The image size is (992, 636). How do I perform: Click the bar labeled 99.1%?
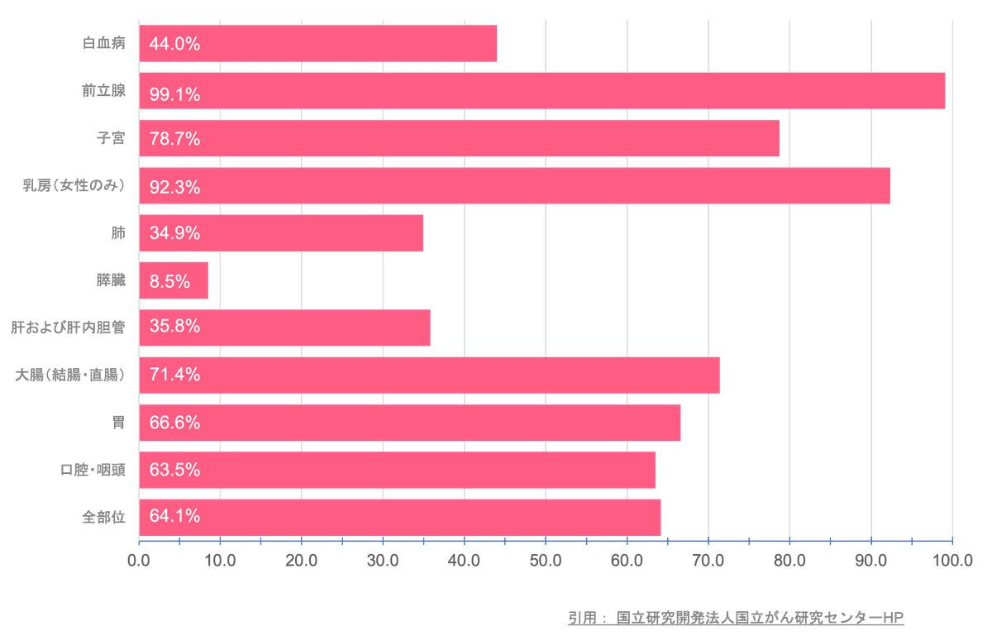tap(541, 91)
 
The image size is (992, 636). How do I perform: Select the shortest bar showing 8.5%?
tap(174, 280)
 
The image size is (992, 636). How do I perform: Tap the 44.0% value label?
tap(175, 45)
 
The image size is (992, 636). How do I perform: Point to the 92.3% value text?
tap(175, 187)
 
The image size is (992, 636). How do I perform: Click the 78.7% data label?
tap(175, 139)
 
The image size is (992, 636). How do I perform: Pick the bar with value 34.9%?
tap(281, 233)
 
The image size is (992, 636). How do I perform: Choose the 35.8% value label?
tap(175, 326)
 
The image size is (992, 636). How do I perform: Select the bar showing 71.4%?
tap(430, 375)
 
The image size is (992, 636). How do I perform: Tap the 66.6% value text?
tap(175, 423)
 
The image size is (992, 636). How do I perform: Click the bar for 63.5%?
tap(397, 470)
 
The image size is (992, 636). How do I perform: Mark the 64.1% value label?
tap(175, 516)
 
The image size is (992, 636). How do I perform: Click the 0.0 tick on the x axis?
tap(138, 561)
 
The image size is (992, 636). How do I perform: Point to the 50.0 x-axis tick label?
tap(546, 561)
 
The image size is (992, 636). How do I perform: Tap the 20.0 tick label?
tap(301, 561)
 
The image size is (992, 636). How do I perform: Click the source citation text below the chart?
tap(736, 617)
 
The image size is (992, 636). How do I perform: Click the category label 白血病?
tap(104, 44)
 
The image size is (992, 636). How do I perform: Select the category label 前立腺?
tap(104, 91)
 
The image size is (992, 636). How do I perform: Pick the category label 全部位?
tap(104, 517)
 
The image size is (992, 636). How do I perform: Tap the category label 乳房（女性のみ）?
tap(74, 186)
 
